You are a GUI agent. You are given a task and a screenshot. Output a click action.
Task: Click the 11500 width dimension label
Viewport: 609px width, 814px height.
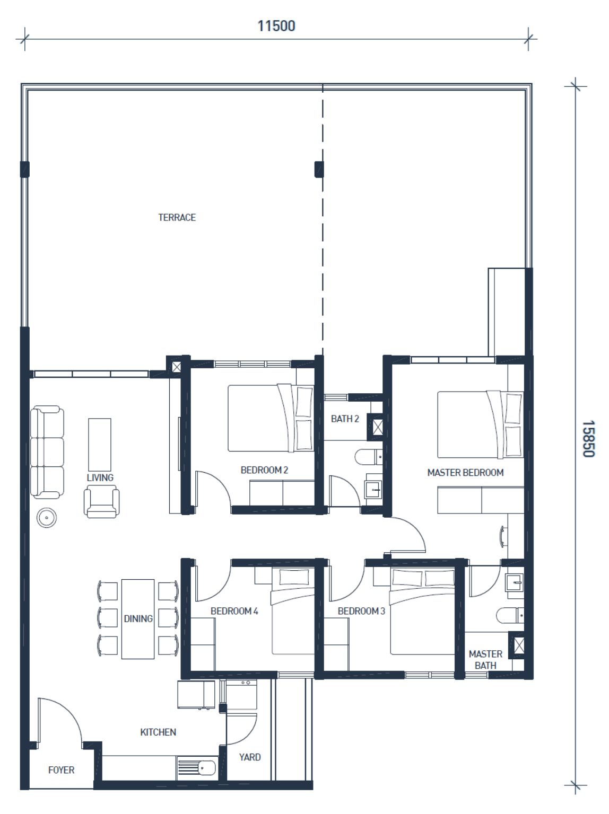coord(276,25)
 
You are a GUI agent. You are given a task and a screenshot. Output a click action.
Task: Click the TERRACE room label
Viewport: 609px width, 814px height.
coord(177,217)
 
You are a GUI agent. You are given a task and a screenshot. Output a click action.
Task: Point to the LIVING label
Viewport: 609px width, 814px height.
coord(100,477)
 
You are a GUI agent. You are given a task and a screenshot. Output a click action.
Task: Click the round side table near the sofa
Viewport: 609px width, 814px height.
coord(47,517)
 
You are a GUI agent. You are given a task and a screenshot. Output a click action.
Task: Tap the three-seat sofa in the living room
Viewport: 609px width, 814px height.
coord(47,452)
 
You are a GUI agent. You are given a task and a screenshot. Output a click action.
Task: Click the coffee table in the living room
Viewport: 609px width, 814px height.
coord(99,445)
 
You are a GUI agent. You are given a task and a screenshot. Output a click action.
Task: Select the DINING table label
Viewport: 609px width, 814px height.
coord(138,618)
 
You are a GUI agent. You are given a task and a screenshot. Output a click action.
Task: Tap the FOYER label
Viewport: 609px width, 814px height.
coord(61,770)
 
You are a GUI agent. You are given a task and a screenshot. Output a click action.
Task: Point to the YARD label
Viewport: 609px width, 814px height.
coord(250,757)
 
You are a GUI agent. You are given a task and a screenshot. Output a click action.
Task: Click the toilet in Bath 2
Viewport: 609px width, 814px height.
coord(369,457)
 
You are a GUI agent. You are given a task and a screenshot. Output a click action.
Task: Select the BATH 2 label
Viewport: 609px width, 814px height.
coord(345,419)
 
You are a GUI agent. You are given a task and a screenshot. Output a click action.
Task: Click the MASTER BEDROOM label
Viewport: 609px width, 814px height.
coord(465,473)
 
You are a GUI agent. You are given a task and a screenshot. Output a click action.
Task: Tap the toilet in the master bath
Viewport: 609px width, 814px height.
coord(510,616)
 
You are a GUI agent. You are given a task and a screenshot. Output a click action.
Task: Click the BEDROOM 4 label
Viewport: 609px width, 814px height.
coord(234,611)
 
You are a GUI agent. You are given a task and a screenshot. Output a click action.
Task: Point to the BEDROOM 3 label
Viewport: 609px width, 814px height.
coord(361,611)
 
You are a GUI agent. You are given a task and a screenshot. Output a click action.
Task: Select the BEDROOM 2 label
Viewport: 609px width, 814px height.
coord(264,470)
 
